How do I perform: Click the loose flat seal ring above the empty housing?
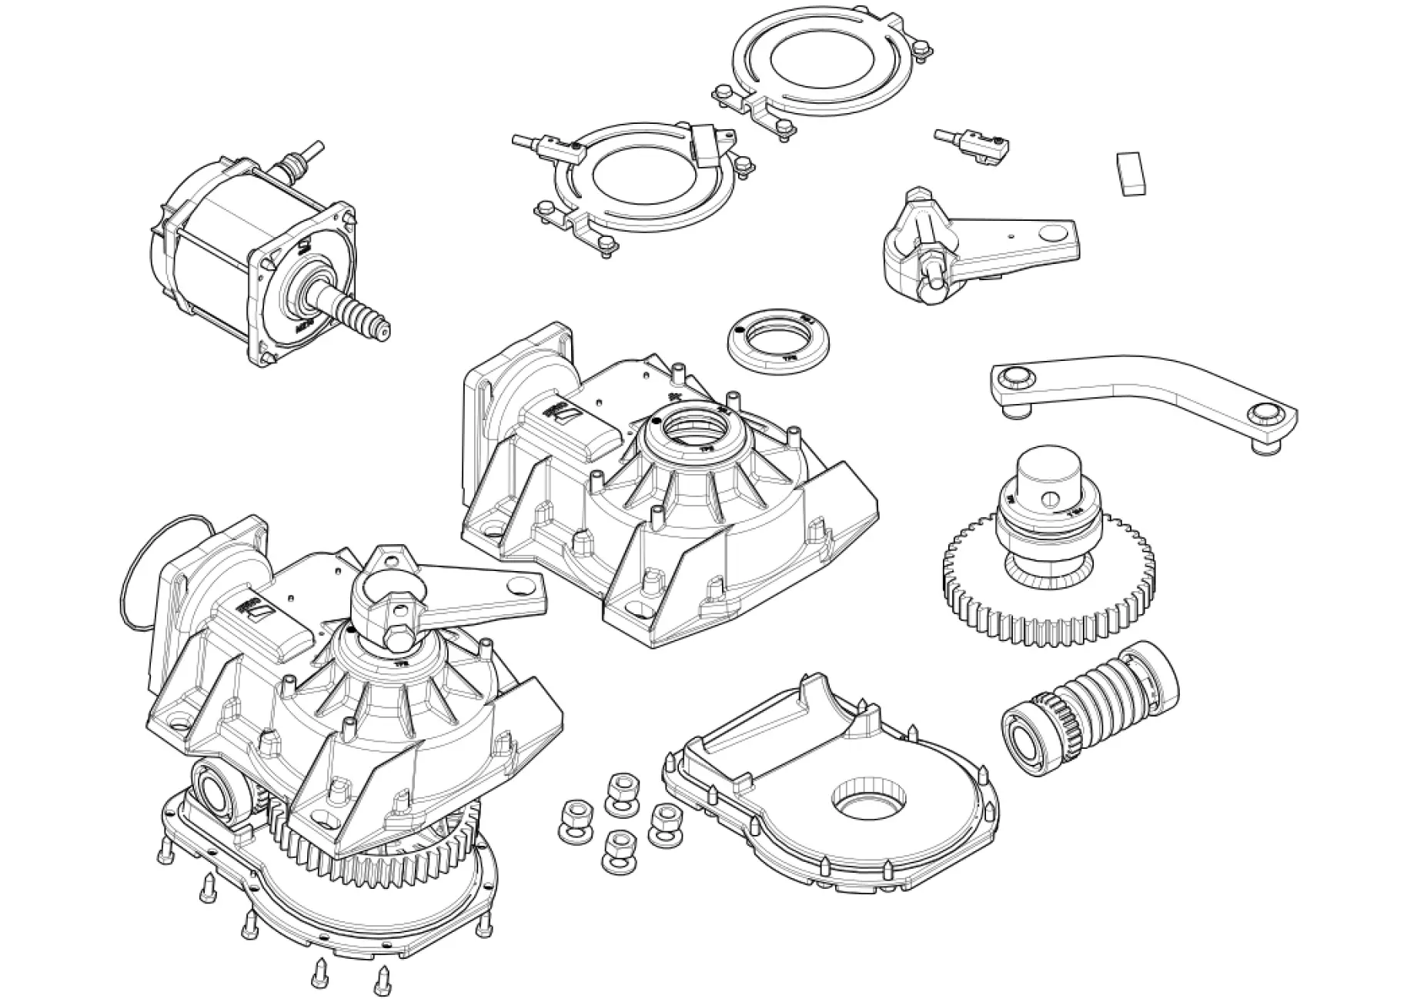point(777,339)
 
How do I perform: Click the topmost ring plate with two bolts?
point(820,65)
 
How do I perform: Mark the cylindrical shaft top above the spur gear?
point(1047,469)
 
